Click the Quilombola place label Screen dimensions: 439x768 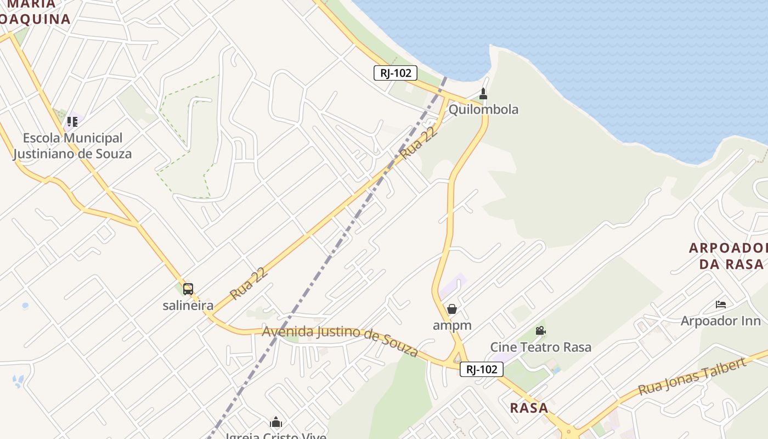point(483,109)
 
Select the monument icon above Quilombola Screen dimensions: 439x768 point(483,93)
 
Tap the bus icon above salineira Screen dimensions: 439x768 point(188,289)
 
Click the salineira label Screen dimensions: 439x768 point(188,306)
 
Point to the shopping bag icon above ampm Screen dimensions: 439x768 point(452,309)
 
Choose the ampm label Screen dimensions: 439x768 point(452,325)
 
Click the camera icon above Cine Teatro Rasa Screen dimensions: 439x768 point(540,330)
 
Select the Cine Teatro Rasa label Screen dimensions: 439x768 point(540,347)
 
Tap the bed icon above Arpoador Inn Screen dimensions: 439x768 point(721,304)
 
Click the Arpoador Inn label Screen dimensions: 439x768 point(721,320)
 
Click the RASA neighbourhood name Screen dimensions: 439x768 point(529,408)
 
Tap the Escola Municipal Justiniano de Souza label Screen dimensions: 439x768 point(72,145)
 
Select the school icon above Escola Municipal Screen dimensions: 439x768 point(72,121)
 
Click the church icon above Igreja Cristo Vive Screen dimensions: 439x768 point(276,422)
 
